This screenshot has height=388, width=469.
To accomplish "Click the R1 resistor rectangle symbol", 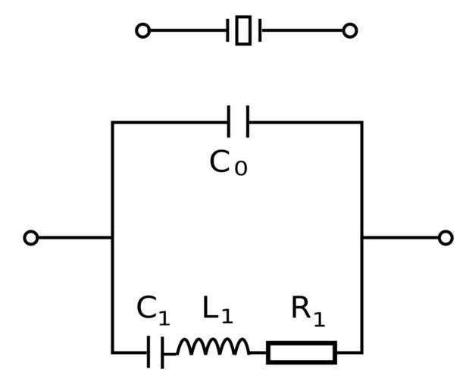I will tap(301, 352).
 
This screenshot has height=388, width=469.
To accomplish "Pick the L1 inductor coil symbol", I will tap(213, 348).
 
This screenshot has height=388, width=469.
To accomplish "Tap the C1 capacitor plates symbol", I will tap(155, 352).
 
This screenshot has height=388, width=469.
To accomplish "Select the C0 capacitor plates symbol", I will tap(238, 122).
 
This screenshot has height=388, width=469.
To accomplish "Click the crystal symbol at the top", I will tap(243, 30).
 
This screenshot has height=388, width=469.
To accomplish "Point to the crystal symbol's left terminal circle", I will tap(142, 30).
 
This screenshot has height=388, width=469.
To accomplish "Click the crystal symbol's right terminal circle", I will tap(349, 30).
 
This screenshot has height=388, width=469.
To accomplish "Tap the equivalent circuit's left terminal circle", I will tap(31, 238).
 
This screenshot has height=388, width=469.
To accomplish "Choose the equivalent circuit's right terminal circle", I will tap(446, 238).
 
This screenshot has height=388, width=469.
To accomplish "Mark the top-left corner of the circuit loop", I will tap(112, 122).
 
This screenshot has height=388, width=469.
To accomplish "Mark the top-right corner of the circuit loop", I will tap(361, 122).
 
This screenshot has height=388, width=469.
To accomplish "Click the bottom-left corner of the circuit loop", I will tap(112, 352).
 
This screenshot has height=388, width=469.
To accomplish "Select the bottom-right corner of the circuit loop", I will tap(361, 352).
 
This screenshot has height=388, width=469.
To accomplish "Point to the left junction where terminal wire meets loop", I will tap(112, 238).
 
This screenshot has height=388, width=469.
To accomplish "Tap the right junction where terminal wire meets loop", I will tap(361, 238).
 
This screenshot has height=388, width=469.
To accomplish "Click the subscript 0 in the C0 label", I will tap(240, 168).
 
